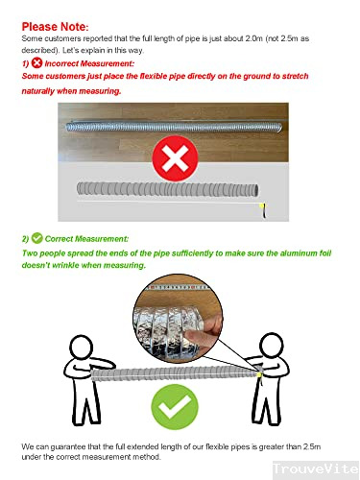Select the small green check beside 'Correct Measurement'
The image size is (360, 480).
37,237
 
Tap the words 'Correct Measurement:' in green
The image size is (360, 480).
86,237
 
